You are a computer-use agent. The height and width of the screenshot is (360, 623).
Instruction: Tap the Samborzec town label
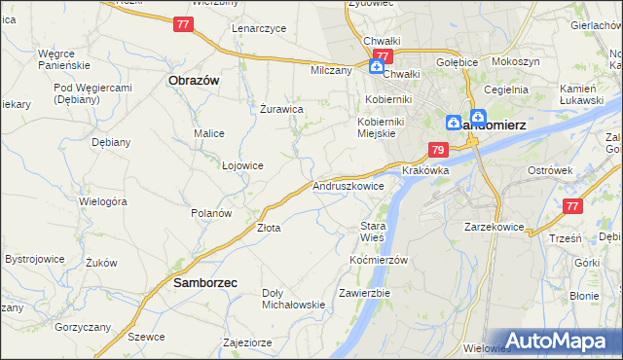(x=205, y=283)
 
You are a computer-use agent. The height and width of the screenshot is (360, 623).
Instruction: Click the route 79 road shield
(x=438, y=150)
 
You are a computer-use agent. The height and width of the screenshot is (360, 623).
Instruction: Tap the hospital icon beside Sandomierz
(x=454, y=123)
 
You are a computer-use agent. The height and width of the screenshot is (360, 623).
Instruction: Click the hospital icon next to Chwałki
(x=376, y=67)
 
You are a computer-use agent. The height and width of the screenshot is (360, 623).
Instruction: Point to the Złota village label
(x=269, y=228)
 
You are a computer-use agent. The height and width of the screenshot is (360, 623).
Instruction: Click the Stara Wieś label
(x=373, y=232)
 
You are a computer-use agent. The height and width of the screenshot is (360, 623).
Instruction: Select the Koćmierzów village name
(x=378, y=261)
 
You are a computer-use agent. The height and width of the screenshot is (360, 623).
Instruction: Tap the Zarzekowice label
(x=495, y=227)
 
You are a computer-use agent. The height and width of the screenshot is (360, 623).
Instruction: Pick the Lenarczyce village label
(x=259, y=28)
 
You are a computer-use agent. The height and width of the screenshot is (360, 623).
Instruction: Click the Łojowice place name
(x=242, y=165)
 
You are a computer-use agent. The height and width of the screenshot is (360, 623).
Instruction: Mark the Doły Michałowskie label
(x=293, y=299)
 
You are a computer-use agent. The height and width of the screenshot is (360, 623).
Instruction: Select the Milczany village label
(x=331, y=71)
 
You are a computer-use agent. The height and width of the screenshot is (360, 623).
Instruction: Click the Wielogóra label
(x=104, y=201)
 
